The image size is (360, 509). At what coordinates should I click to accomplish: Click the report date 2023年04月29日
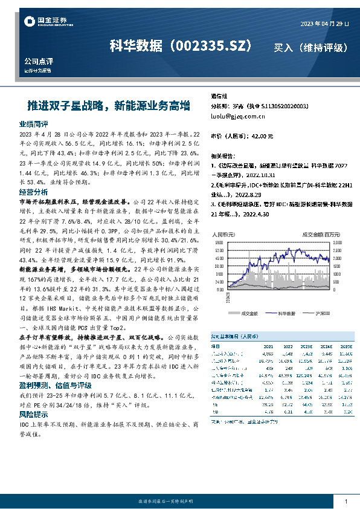(325, 24)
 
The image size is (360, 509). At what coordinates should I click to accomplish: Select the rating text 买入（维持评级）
(311, 47)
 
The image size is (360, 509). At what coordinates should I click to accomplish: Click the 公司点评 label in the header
(39, 62)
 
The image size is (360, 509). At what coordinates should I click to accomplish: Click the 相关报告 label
(223, 155)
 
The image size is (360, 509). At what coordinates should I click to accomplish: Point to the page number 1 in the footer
(346, 501)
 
